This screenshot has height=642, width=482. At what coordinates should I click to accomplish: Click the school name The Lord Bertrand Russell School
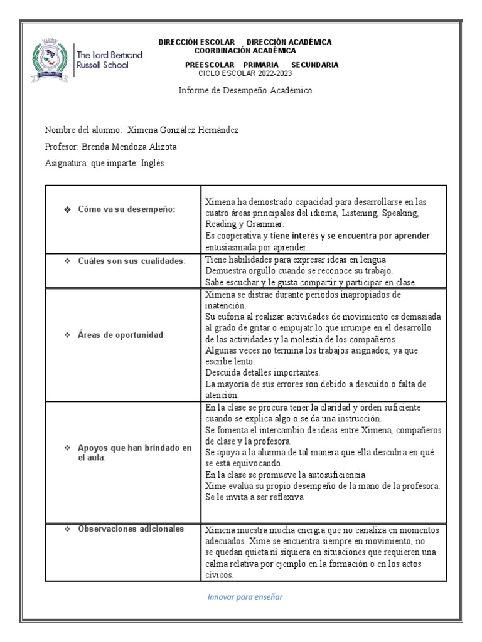(x=108, y=60)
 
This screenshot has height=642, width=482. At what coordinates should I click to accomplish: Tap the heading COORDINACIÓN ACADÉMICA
(x=245, y=50)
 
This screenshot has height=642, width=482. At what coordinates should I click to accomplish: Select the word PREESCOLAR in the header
(x=210, y=65)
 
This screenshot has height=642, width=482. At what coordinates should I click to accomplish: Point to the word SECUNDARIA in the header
(x=314, y=65)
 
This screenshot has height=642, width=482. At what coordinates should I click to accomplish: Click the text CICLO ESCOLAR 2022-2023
(x=245, y=73)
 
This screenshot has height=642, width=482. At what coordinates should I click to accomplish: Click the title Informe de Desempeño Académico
(x=245, y=90)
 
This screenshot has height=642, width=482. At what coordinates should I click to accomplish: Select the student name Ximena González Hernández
(x=183, y=130)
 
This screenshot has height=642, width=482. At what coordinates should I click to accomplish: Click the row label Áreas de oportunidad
(x=121, y=335)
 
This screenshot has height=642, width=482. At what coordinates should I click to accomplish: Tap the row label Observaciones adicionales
(x=131, y=528)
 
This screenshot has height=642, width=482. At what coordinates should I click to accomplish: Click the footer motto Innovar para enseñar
(x=245, y=596)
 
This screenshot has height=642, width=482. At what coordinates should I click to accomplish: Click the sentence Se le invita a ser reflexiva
(x=254, y=497)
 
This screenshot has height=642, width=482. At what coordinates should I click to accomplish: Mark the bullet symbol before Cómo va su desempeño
(x=67, y=209)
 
